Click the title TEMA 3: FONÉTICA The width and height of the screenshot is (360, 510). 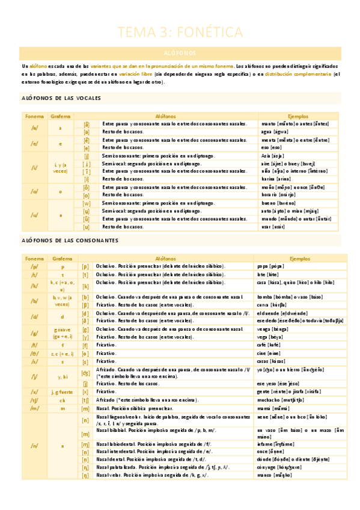point(180,31)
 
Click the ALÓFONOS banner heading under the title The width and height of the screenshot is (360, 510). point(180,53)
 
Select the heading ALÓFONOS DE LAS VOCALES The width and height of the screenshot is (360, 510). point(62,98)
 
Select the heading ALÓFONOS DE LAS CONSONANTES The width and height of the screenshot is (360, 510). point(70,241)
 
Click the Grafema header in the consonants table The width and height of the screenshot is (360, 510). point(62,257)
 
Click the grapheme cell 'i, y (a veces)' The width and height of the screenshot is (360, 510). point(60,167)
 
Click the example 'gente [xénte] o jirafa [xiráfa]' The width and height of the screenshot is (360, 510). point(284,391)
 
